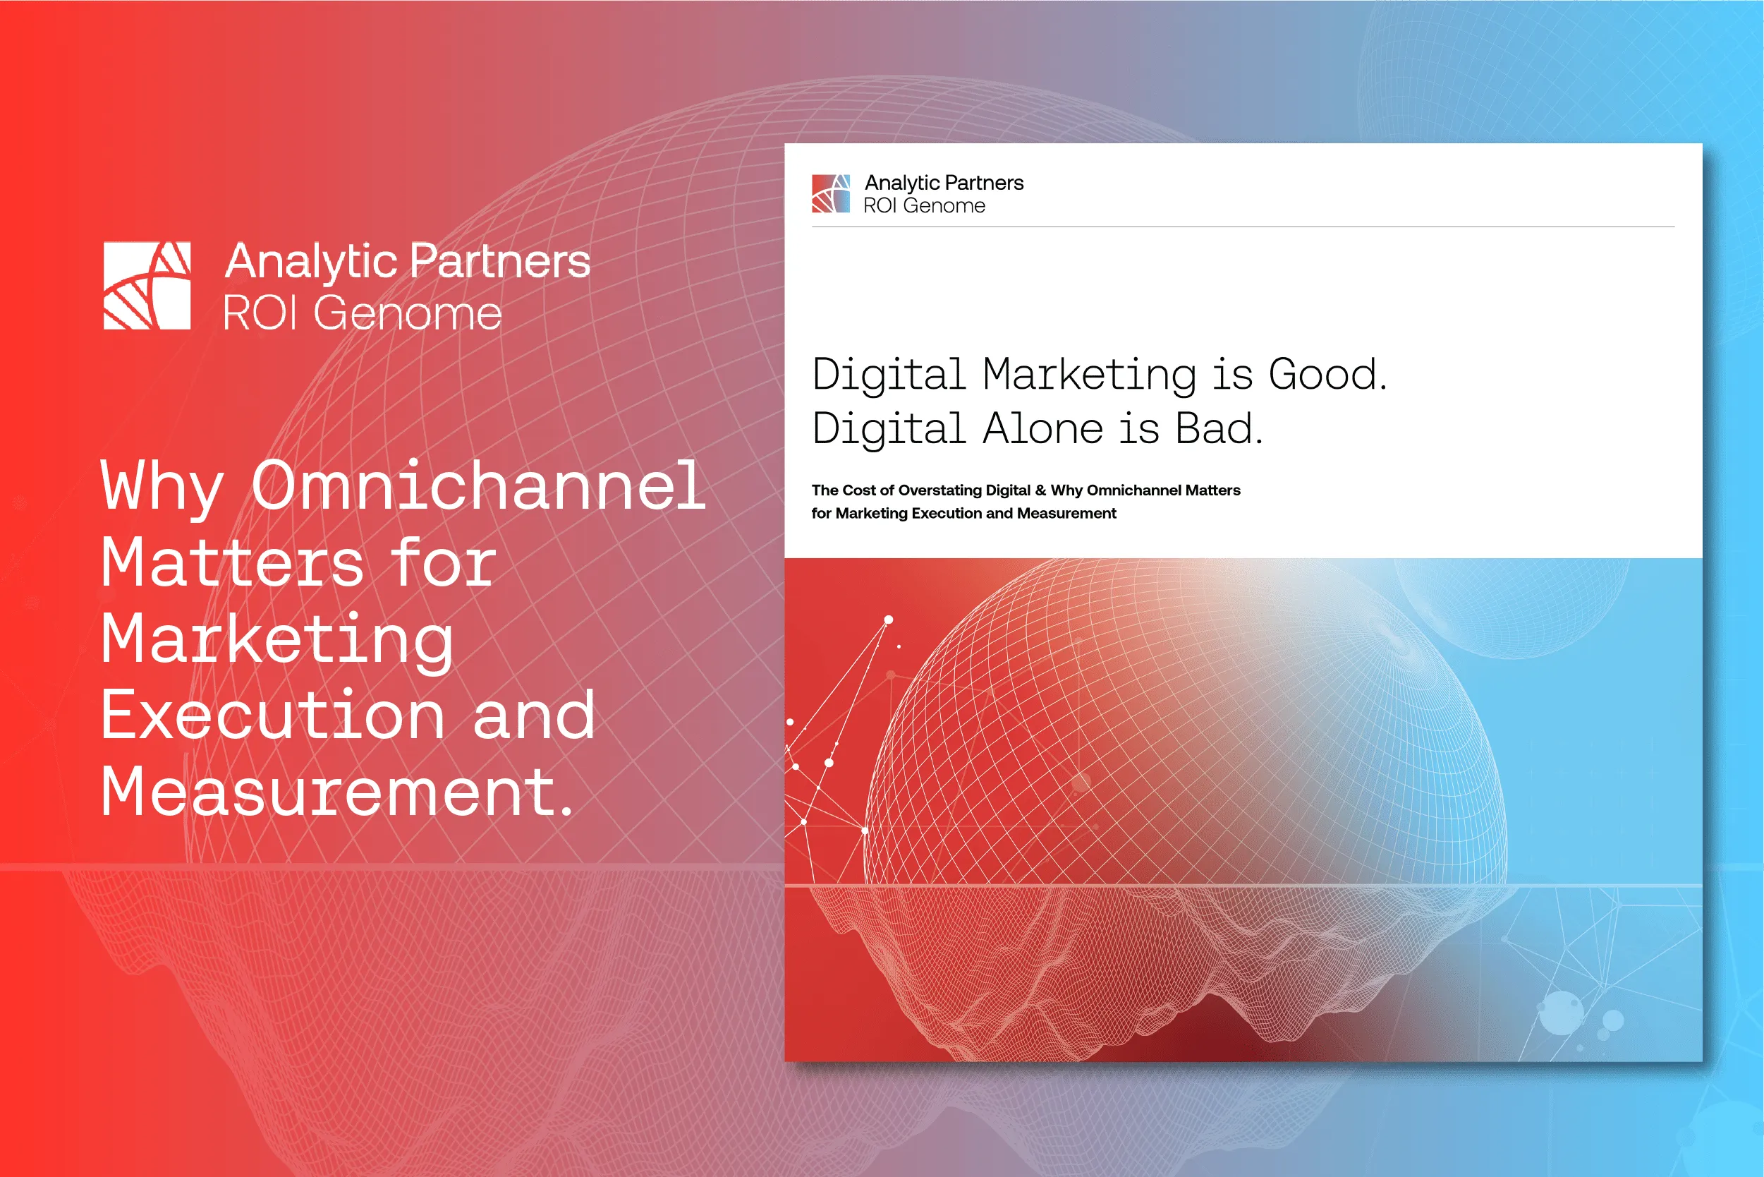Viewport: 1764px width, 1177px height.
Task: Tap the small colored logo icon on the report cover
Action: pos(831,193)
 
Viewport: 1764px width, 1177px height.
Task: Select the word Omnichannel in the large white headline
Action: pos(479,486)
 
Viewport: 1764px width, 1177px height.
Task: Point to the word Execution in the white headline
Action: pos(273,716)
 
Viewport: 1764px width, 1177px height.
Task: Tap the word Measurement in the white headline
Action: pos(336,792)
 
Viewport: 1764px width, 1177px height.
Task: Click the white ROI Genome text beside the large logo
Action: pos(363,313)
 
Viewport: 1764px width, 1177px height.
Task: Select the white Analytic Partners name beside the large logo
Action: pos(408,261)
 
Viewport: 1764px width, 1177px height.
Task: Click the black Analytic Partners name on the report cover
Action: pos(944,182)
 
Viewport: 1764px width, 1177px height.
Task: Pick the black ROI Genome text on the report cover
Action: pos(925,205)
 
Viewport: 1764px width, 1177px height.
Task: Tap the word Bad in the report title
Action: pos(1219,428)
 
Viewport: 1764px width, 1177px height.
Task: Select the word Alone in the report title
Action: pos(1042,428)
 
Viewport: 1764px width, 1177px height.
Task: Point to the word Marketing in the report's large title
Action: pos(1090,375)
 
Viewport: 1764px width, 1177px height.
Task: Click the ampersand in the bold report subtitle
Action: pos(1040,490)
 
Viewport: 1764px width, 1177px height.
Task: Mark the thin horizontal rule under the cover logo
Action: pos(1243,227)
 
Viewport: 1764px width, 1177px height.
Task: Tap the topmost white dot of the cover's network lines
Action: pos(889,620)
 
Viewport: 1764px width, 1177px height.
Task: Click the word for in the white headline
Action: pos(443,563)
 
